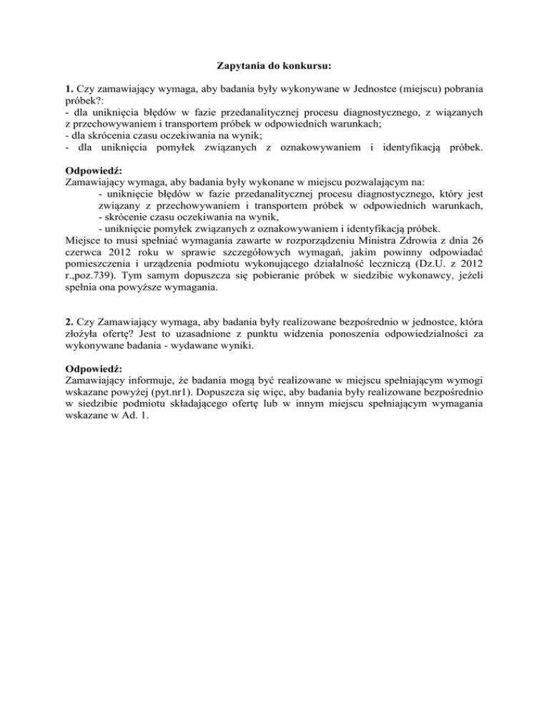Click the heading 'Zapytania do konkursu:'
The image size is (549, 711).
274,67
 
